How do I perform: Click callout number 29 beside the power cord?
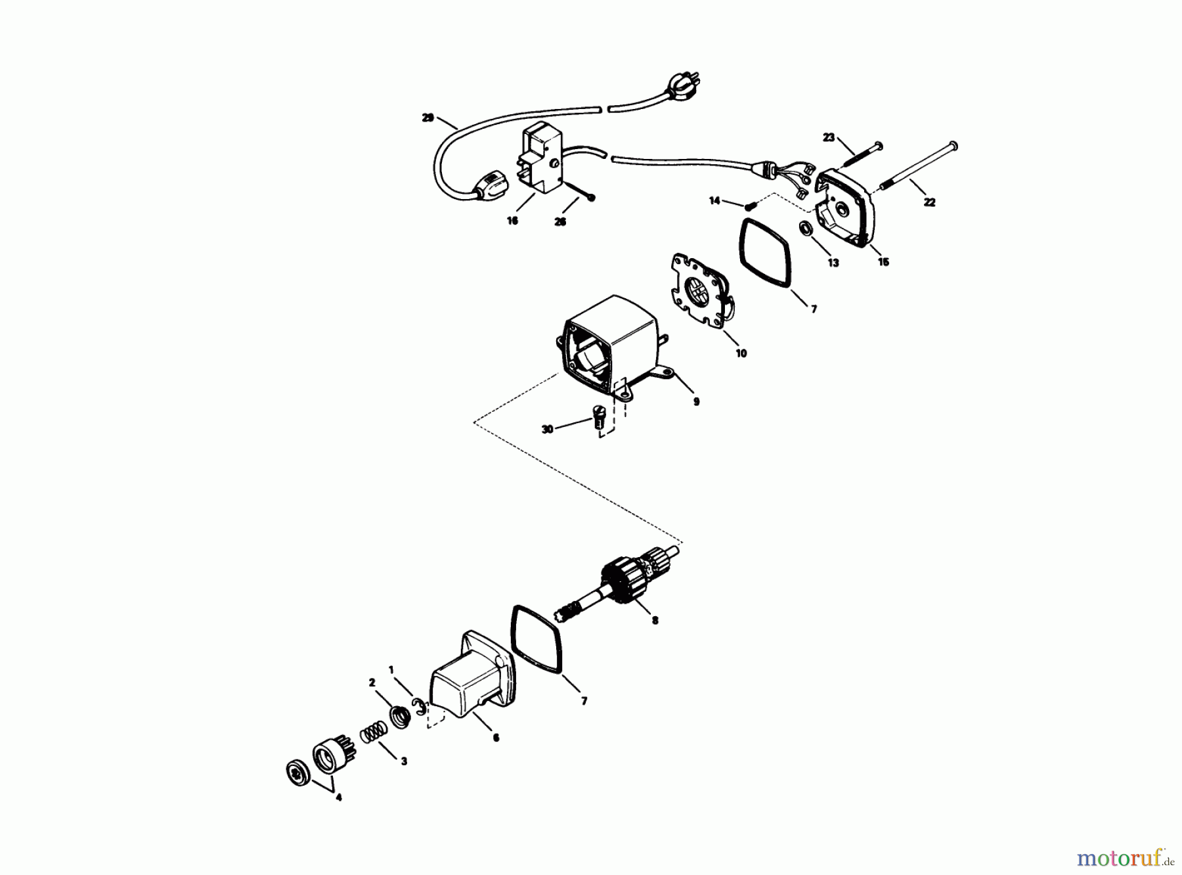coord(428,118)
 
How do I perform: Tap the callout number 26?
coord(559,222)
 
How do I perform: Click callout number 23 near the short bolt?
coord(829,137)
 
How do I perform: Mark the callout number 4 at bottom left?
coord(339,798)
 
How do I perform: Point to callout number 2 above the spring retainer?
coord(371,683)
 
